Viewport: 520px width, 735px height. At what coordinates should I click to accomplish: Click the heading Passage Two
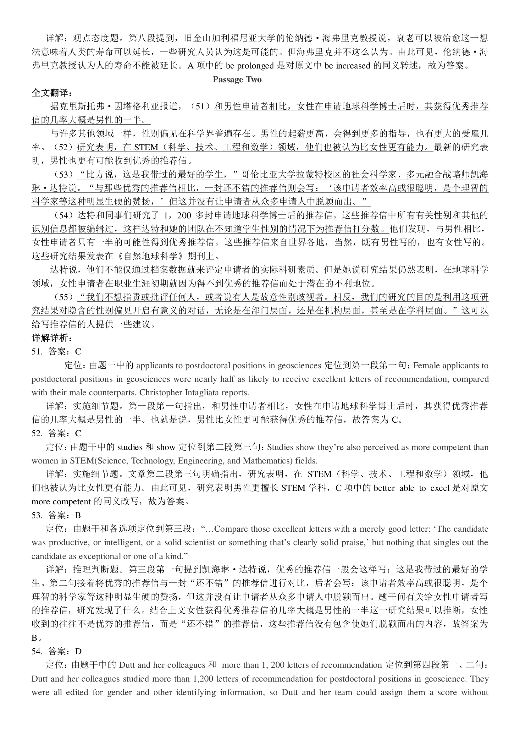pos(237,80)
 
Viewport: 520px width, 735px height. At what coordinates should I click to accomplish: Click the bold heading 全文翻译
pos(52,93)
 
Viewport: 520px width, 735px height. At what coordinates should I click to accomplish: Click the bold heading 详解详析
pos(52,338)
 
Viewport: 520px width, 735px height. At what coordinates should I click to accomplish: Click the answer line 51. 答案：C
pos(56,352)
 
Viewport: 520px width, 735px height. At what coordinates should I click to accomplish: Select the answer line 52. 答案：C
pos(56,433)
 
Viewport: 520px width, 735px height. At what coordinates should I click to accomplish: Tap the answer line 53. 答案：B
pos(56,515)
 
